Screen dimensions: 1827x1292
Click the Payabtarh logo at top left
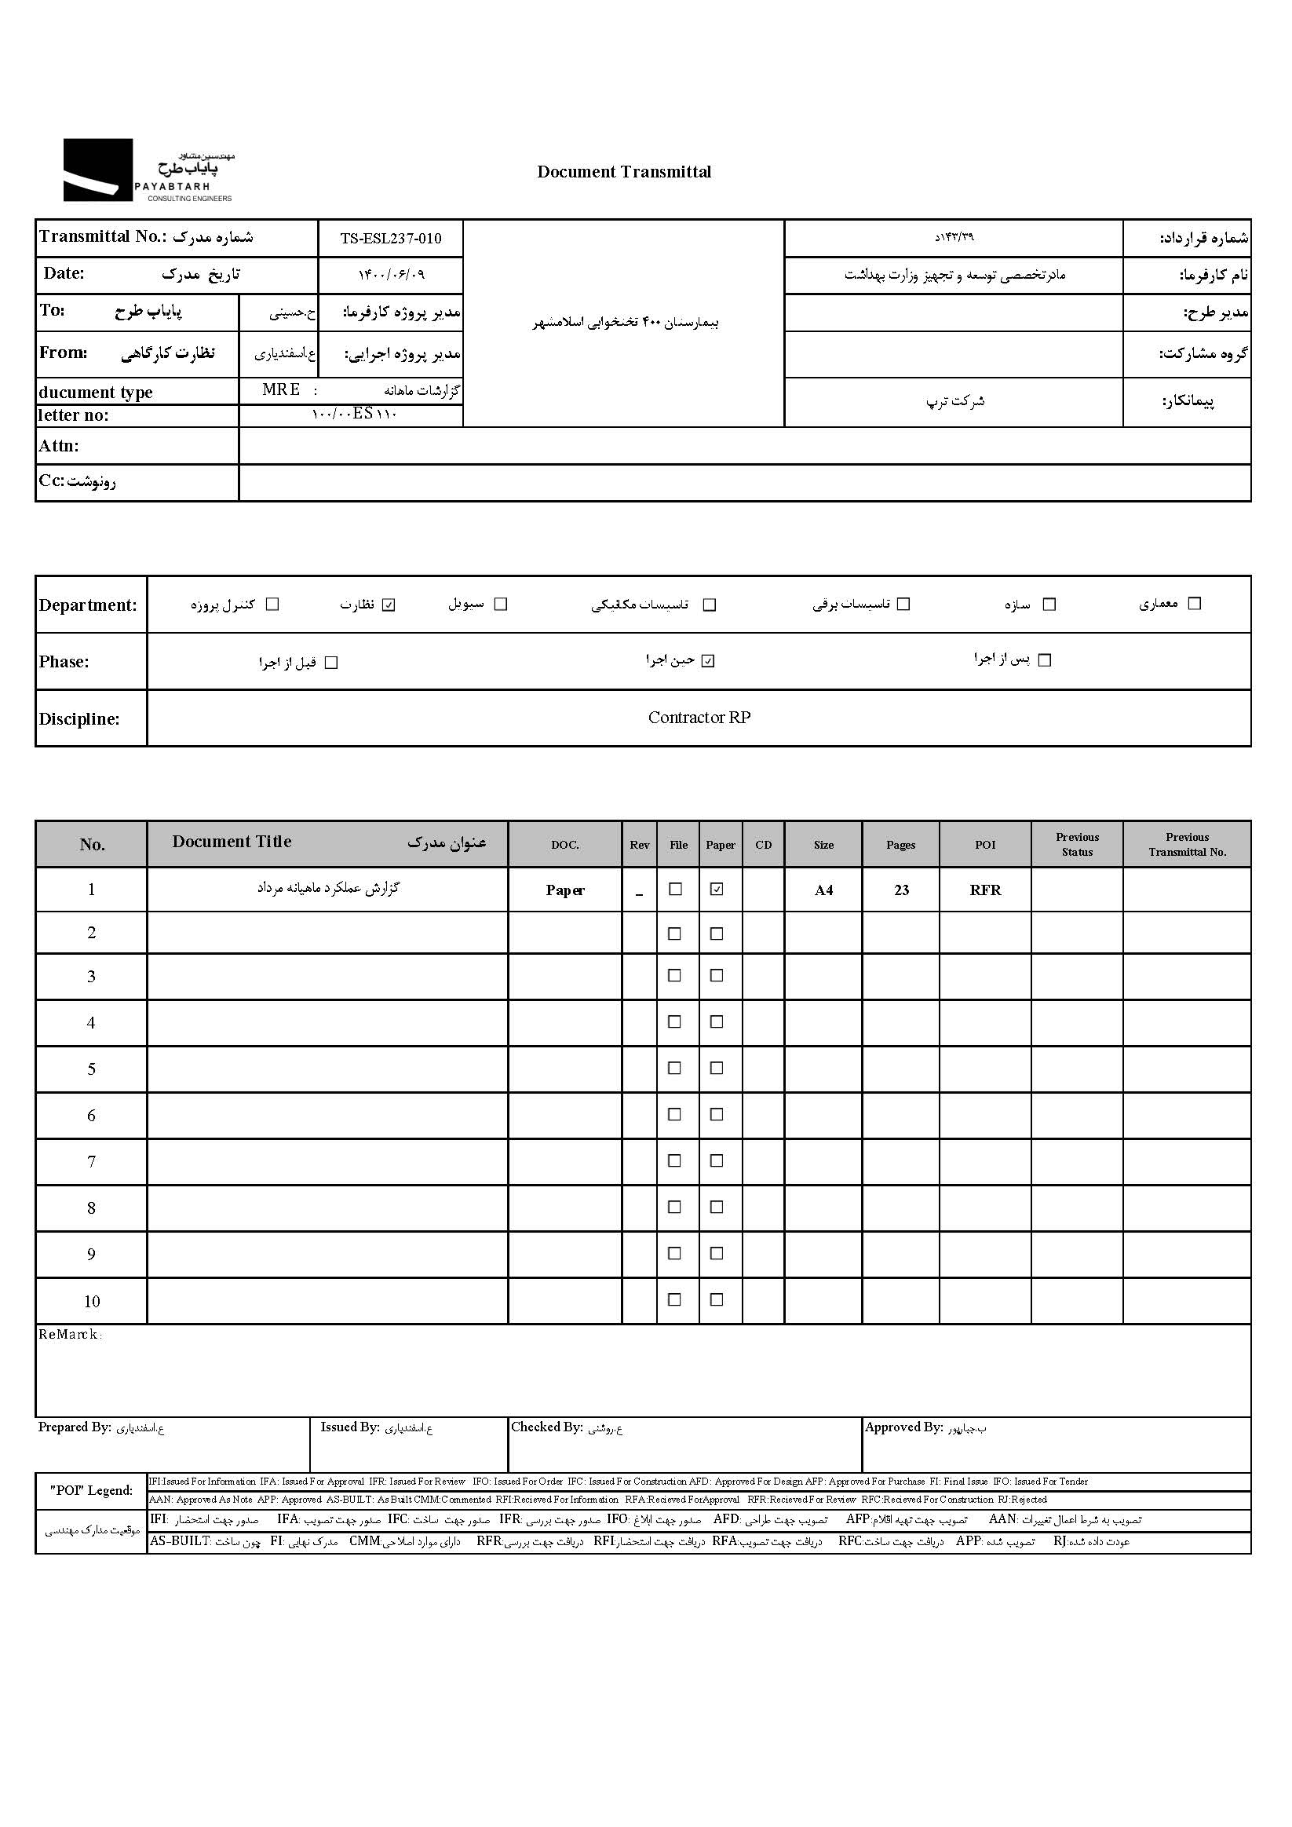click(148, 170)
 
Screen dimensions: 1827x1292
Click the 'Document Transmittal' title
click(624, 172)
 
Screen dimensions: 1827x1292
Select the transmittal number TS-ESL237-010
click(390, 238)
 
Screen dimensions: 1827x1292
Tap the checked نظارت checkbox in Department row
click(389, 605)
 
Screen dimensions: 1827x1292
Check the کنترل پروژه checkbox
click(272, 605)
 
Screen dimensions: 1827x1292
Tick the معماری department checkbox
click(1193, 604)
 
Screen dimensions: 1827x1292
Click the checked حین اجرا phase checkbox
click(708, 661)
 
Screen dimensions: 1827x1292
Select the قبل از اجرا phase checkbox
click(332, 663)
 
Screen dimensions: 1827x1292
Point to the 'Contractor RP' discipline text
click(699, 718)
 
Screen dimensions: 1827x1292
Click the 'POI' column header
click(985, 845)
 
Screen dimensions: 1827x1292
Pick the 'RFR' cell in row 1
click(985, 890)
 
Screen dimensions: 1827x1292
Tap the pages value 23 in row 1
click(900, 890)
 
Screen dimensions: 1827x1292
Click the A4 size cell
click(823, 890)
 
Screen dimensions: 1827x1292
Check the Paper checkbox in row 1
click(717, 890)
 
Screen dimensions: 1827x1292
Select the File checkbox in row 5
click(674, 1068)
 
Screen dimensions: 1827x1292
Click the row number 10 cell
click(92, 1302)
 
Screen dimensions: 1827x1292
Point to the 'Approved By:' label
click(903, 1427)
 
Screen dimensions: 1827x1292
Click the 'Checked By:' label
click(546, 1427)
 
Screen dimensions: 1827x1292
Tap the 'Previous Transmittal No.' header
click(1187, 844)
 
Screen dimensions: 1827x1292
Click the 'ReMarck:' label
click(70, 1335)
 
